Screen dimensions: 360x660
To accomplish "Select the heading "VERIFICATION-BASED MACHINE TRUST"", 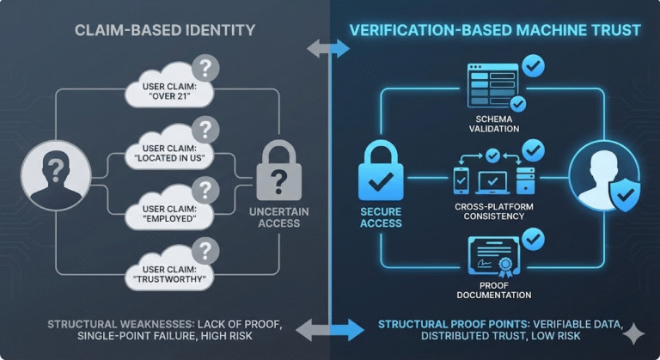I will (x=494, y=31).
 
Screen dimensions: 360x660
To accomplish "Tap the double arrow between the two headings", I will (x=329, y=49).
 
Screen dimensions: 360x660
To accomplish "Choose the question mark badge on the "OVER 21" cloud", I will (x=205, y=67).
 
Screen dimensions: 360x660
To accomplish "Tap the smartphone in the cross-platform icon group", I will (x=461, y=180).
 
